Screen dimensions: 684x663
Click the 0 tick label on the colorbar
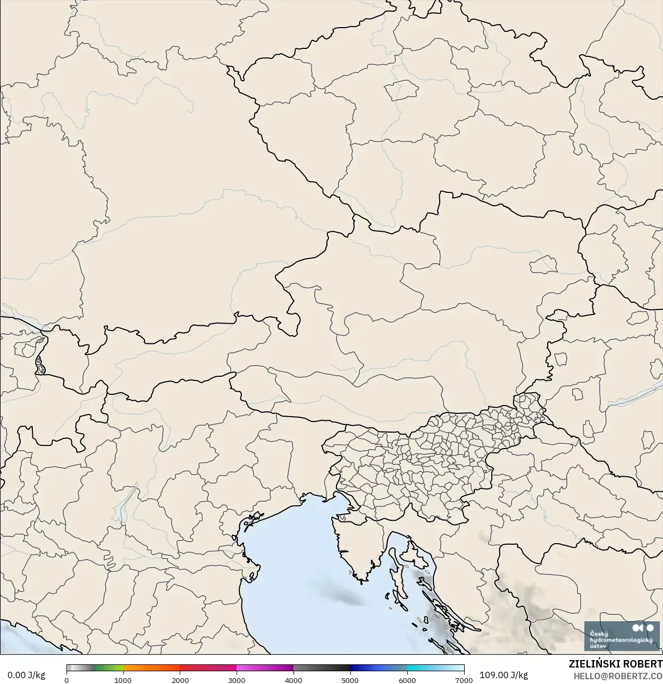tap(66, 680)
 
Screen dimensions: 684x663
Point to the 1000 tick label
tap(123, 680)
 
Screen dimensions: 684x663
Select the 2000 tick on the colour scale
tap(180, 680)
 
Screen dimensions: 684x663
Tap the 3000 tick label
tap(237, 680)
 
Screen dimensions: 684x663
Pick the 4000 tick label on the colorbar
tap(293, 680)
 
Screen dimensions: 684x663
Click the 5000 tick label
tap(350, 680)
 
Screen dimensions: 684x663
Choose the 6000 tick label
tap(407, 680)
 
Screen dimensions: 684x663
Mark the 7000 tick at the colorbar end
tap(464, 680)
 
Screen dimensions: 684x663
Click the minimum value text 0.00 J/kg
tap(26, 675)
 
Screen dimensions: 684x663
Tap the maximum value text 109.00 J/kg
tap(503, 675)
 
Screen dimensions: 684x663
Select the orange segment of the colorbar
tap(152, 668)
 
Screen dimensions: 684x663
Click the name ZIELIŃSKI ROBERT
tap(615, 664)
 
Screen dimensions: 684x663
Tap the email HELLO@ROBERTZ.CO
tap(617, 675)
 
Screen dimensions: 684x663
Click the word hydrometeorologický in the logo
tap(620, 640)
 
